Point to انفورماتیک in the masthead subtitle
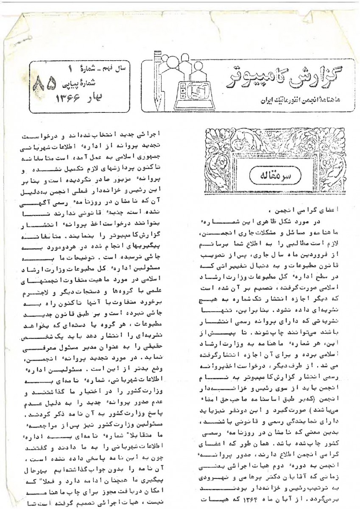tap(286, 101)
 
